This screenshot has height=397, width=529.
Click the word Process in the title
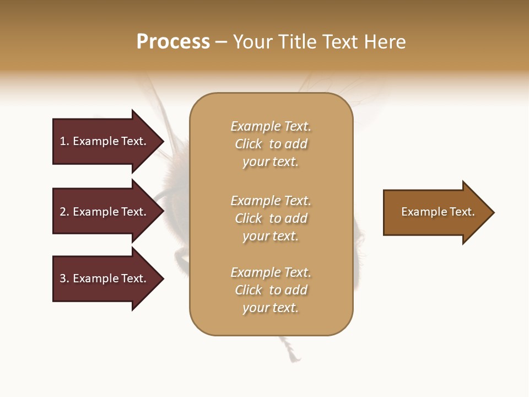point(173,42)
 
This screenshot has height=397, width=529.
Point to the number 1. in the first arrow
point(64,141)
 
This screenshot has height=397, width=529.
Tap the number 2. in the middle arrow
point(64,212)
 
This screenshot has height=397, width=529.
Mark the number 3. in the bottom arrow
point(64,278)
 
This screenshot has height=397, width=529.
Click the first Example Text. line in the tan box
point(271,126)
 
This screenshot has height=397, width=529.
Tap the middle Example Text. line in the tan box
point(271,201)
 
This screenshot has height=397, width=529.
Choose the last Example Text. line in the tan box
point(271,272)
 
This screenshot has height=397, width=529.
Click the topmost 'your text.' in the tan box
point(271,162)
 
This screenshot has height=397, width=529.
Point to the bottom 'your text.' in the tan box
point(271,308)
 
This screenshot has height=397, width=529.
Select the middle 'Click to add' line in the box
point(271,218)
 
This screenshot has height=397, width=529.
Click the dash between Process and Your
point(222,42)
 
